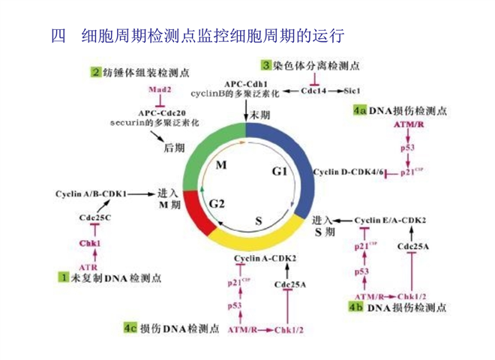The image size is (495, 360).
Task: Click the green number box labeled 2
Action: tap(96, 73)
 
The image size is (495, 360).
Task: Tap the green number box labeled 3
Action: tap(265, 67)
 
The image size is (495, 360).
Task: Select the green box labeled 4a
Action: tap(358, 110)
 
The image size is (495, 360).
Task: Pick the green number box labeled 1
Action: tap(64, 277)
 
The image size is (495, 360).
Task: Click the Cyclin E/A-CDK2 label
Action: tap(391, 220)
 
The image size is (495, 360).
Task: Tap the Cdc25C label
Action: tap(95, 217)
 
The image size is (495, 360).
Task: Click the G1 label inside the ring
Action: tap(279, 172)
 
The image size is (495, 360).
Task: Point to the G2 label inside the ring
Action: tap(217, 203)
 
